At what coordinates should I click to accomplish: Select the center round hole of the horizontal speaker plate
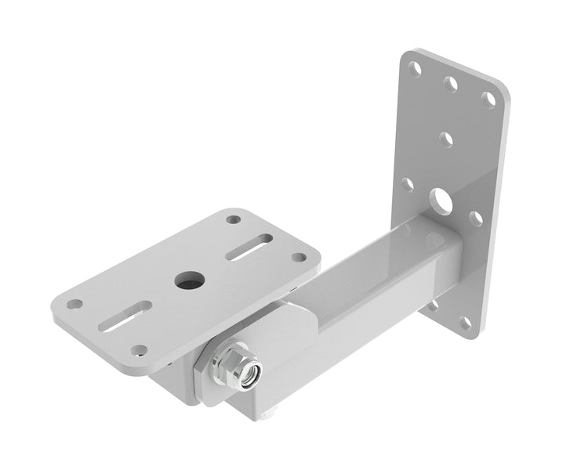coord(187,280)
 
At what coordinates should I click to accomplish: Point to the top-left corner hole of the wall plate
coord(416,68)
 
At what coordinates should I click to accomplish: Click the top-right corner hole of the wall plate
coord(488,99)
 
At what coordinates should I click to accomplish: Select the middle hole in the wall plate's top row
coord(451,83)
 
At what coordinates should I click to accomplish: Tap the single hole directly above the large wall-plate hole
coord(446,140)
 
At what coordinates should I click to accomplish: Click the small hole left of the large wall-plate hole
coord(408,185)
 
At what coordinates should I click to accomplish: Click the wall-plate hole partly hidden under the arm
coord(432,305)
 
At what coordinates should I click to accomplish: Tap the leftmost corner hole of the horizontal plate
coord(74,304)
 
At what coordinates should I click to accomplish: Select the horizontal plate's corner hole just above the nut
coord(139,350)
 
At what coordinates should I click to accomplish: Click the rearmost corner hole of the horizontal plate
coord(233,219)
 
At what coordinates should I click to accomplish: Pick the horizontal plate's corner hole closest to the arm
coord(299,257)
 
